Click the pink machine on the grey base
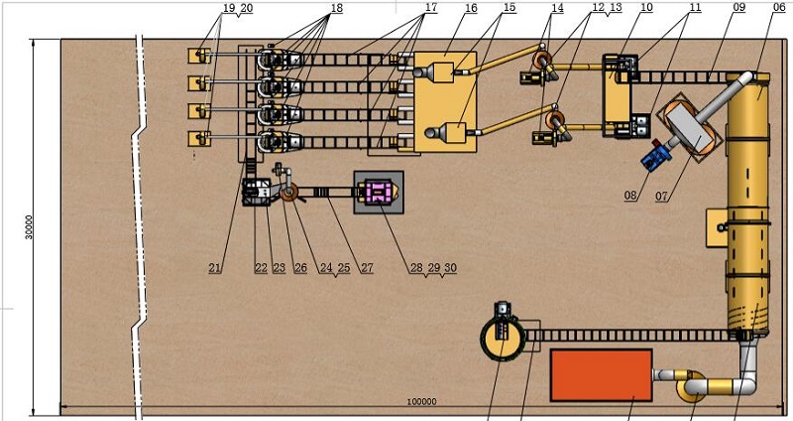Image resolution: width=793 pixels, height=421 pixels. (x=378, y=193)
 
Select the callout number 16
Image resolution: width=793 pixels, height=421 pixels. (x=470, y=8)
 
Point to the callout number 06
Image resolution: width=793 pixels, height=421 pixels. (x=778, y=8)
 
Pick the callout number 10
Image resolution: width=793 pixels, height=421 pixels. (x=646, y=8)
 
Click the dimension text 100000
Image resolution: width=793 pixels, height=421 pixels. (x=421, y=402)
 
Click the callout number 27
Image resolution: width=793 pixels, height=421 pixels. (x=366, y=267)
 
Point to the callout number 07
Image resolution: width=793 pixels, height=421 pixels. (x=661, y=195)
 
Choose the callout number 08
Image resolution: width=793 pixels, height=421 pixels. (x=630, y=195)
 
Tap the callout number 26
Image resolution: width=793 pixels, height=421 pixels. (x=299, y=267)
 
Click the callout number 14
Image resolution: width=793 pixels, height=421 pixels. (x=557, y=8)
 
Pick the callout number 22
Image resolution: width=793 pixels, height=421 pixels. (x=261, y=267)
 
